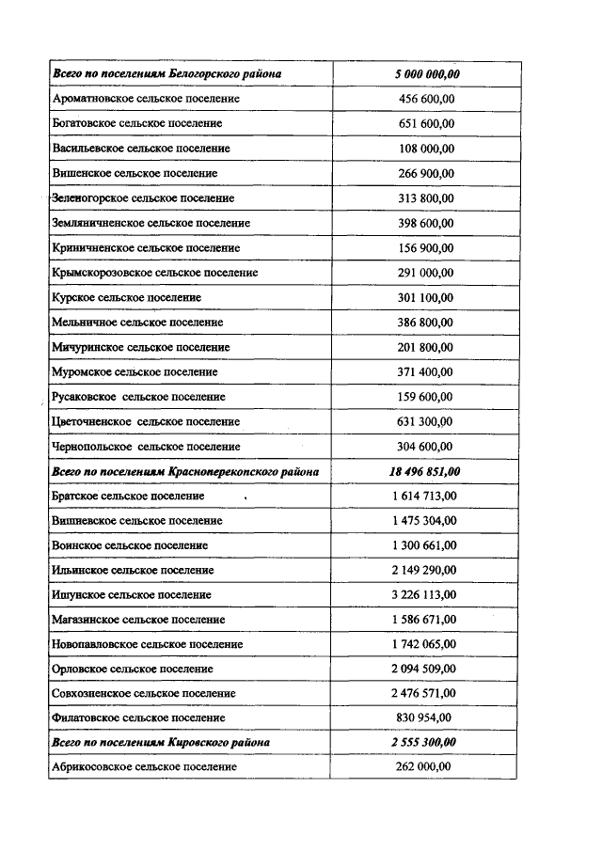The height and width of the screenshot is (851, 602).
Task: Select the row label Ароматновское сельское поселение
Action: tap(146, 99)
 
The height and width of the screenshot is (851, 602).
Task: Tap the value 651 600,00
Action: tap(427, 123)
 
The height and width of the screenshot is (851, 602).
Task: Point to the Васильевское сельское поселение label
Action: tap(141, 149)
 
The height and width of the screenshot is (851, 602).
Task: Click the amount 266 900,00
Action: tap(427, 173)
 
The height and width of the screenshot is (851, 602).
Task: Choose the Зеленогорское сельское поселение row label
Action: tap(144, 198)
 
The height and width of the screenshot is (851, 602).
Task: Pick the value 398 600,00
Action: tap(427, 223)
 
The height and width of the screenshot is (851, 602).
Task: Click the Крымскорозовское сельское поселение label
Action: tap(155, 273)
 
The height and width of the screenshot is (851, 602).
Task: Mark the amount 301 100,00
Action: tap(427, 297)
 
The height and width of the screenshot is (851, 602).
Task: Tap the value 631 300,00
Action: tap(427, 421)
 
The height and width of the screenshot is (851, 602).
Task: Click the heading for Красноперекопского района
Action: tap(185, 471)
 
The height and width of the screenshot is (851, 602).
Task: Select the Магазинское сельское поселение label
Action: tap(139, 620)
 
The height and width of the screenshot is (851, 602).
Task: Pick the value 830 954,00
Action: tap(427, 717)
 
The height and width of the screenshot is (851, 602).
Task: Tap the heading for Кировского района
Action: tap(161, 743)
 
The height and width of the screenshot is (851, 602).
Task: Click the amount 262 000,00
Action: tap(427, 767)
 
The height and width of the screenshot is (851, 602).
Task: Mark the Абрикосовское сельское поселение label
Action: tap(145, 767)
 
